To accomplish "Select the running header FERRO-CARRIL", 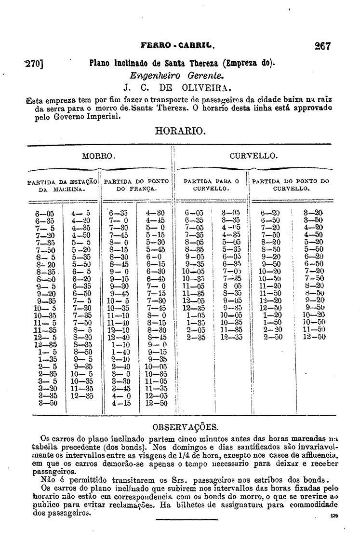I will click(177, 47).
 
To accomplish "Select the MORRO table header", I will click(98, 156).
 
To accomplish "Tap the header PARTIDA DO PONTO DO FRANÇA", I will click(137, 186).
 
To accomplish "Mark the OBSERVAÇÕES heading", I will click(185, 427).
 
